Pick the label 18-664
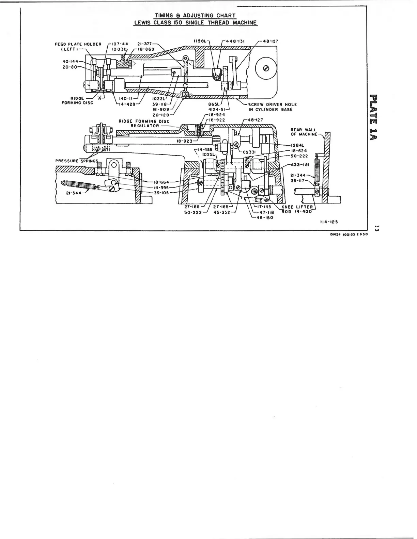(162, 182)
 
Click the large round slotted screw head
(266, 68)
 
